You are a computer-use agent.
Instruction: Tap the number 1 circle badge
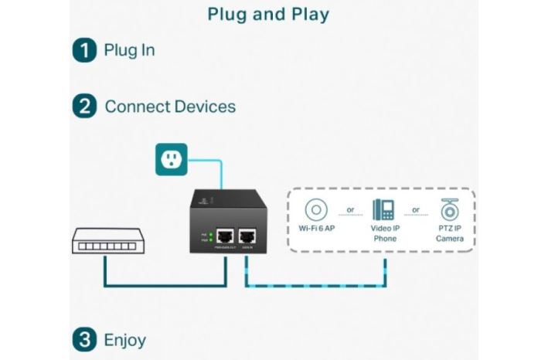(84, 51)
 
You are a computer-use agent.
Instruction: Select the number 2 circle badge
(84, 107)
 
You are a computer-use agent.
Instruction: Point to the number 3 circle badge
(84, 339)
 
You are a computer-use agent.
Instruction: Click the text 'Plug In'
(129, 51)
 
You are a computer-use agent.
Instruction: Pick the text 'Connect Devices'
(170, 107)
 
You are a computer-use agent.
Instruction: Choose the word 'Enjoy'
(124, 339)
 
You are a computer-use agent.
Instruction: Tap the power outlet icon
(172, 158)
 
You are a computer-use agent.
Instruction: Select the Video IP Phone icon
(384, 210)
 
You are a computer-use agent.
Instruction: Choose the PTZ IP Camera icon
(449, 210)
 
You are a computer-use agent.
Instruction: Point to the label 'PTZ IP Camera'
(449, 234)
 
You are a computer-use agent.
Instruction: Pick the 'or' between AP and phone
(350, 209)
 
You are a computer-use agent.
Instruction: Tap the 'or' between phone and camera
(417, 209)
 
